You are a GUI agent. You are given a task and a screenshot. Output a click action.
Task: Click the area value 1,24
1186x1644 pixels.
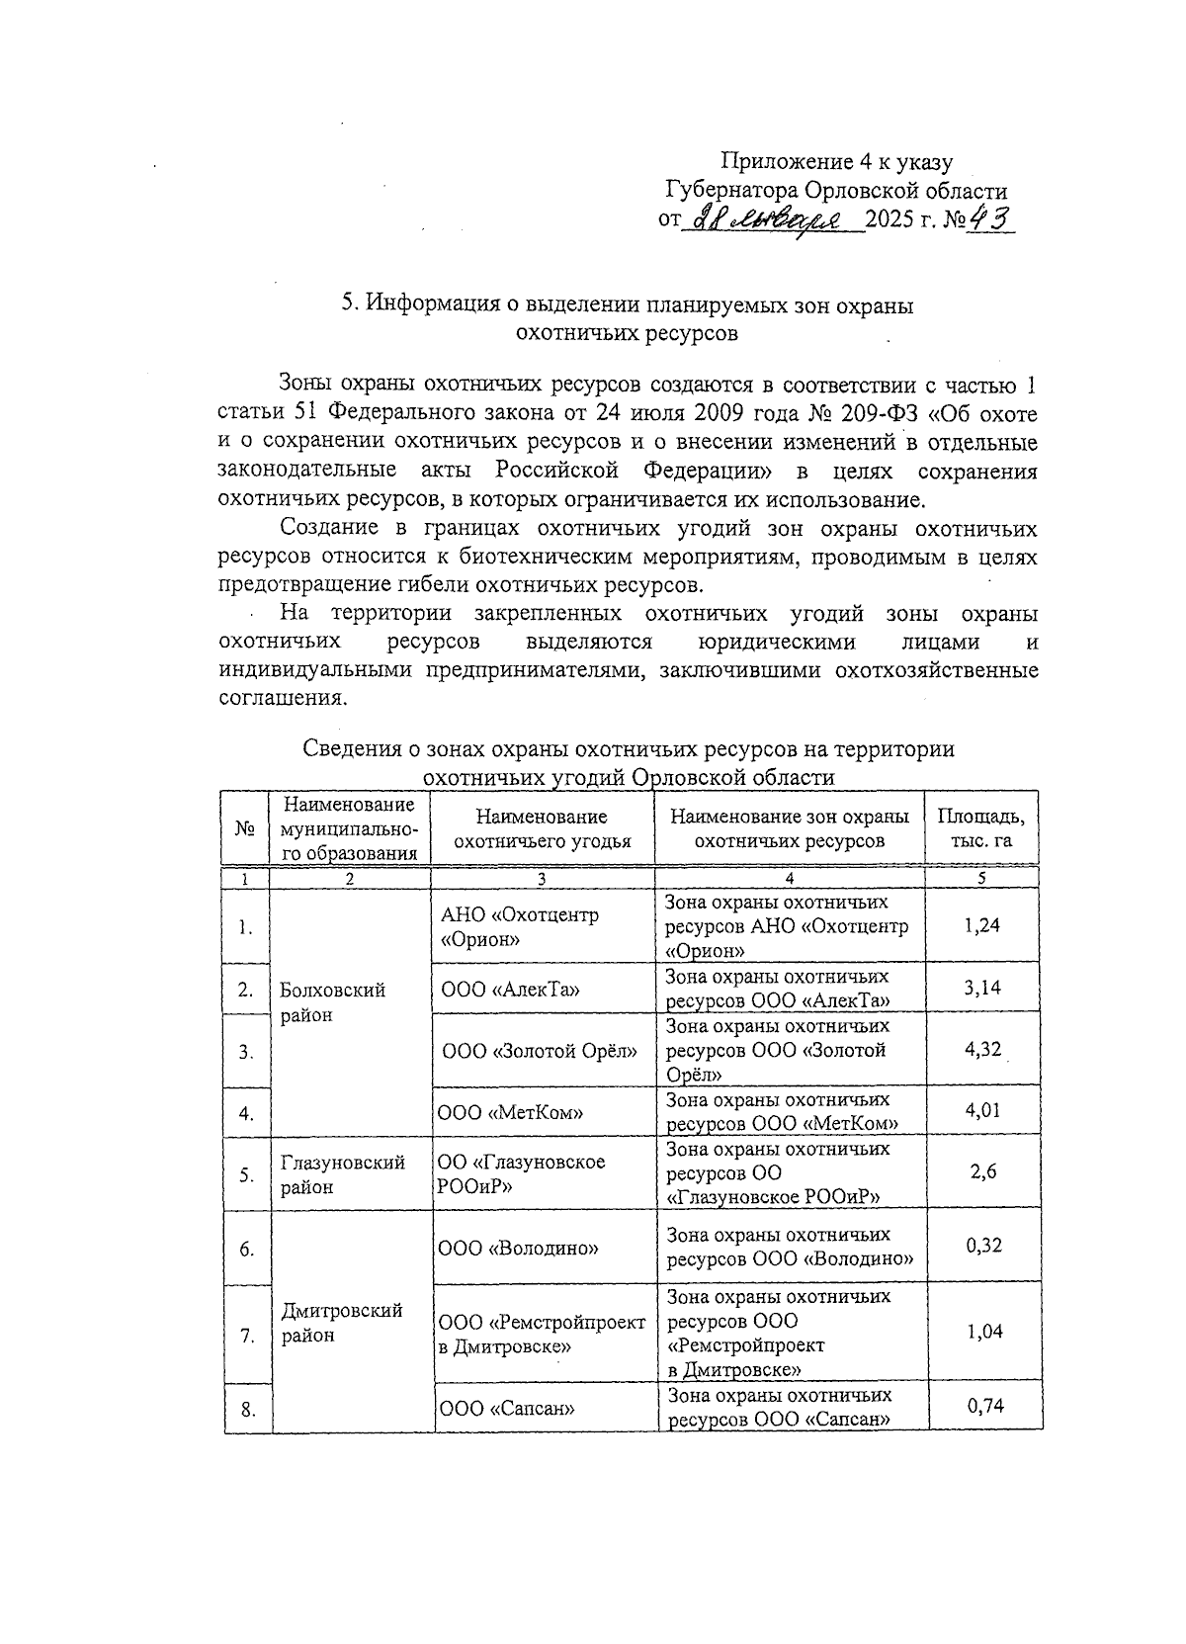pyautogui.click(x=982, y=925)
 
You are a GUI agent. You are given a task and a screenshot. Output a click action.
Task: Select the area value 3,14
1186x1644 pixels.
pyautogui.click(x=982, y=988)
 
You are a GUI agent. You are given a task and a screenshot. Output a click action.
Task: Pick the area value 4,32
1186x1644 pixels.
pyautogui.click(x=982, y=1049)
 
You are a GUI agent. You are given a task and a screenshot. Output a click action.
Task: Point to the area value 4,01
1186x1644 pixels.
pyautogui.click(x=982, y=1110)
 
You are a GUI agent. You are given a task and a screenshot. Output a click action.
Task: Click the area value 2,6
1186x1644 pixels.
pyautogui.click(x=982, y=1172)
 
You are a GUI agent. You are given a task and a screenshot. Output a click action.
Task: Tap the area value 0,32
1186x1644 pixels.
pyautogui.click(x=983, y=1246)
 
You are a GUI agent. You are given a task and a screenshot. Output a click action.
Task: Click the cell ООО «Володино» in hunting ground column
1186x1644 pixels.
pyautogui.click(x=518, y=1248)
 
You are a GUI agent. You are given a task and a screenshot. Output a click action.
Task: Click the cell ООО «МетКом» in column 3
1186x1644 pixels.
pyautogui.click(x=510, y=1112)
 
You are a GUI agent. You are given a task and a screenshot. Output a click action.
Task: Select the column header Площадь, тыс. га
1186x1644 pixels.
pyautogui.click(x=980, y=829)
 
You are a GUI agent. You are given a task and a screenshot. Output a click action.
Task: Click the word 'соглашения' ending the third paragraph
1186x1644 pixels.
pyautogui.click(x=282, y=698)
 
